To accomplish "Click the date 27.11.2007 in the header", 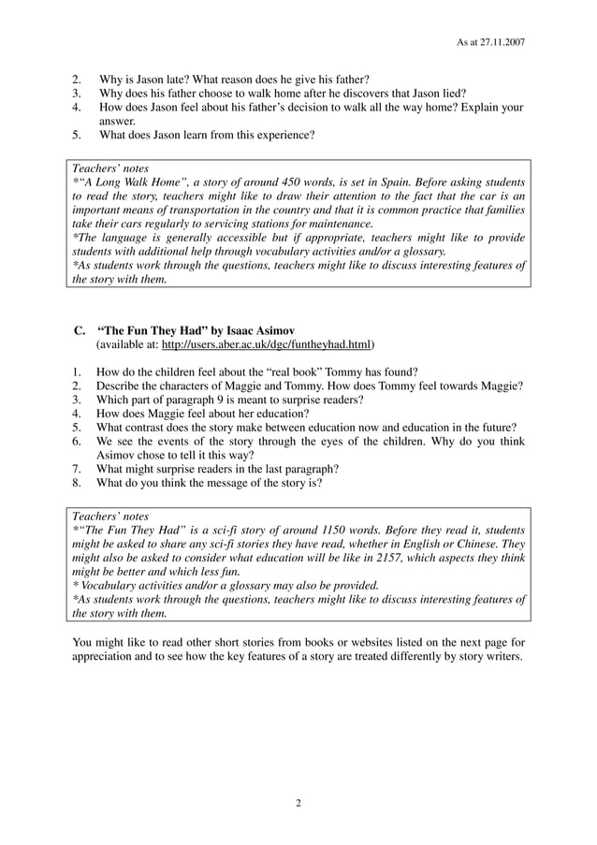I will pos(502,43).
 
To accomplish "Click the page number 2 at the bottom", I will pos(298,803).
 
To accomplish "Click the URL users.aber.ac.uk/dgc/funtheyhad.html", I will pos(266,344).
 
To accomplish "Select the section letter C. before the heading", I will pos(80,330).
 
